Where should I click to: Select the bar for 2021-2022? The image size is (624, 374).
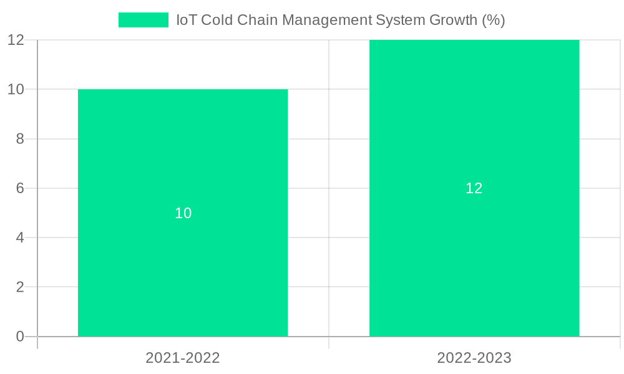coord(183,262)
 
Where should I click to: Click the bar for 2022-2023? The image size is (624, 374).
coord(474,249)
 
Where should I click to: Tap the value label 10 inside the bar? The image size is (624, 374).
coord(183,213)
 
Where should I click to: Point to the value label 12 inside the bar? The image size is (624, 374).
coord(474,188)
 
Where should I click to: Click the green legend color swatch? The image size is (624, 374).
coord(144,20)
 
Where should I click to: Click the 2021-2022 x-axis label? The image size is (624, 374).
coord(183,358)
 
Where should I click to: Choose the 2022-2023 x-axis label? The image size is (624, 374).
coord(474,358)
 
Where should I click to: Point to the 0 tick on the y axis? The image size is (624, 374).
coord(20,337)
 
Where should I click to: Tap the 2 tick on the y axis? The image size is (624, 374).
coord(20,287)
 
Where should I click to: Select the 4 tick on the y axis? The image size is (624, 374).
coord(20,237)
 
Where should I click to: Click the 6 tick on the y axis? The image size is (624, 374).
coord(20,188)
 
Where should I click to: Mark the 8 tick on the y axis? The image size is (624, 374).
coord(20,139)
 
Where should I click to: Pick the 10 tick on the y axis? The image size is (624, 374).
coord(16,89)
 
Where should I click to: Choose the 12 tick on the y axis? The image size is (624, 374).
coord(16,40)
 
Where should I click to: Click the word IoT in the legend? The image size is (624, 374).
coord(187,20)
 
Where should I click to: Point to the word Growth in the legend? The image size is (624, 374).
coord(454,20)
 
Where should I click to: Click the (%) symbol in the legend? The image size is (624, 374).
coord(494,20)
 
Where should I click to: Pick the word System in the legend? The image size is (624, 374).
coord(401,20)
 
